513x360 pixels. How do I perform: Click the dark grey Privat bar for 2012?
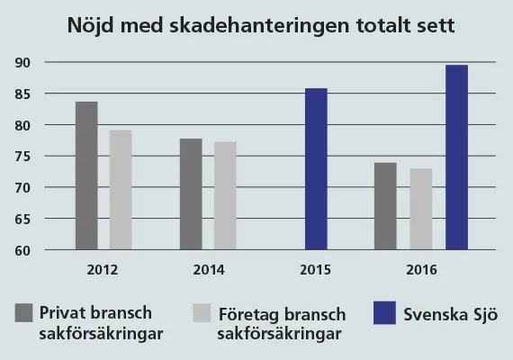pyautogui.click(x=86, y=175)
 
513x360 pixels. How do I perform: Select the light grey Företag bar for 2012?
pyautogui.click(x=121, y=190)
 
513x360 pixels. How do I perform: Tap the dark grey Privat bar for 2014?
pyautogui.click(x=191, y=194)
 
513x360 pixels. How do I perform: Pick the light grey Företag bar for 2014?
pyautogui.click(x=225, y=195)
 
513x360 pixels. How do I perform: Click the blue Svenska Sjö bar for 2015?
pyautogui.click(x=316, y=169)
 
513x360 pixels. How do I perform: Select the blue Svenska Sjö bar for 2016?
pyautogui.click(x=456, y=157)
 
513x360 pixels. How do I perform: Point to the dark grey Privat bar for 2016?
pyautogui.click(x=385, y=206)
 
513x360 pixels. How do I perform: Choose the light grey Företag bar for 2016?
pyautogui.click(x=421, y=209)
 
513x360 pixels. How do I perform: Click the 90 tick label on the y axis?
pyautogui.click(x=22, y=62)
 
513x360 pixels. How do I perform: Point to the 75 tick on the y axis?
pyautogui.click(x=22, y=157)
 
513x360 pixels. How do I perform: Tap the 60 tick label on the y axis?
pyautogui.click(x=22, y=251)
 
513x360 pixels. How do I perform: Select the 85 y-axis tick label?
pyautogui.click(x=22, y=94)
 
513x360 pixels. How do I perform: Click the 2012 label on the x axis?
pyautogui.click(x=103, y=270)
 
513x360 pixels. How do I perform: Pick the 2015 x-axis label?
pyautogui.click(x=315, y=270)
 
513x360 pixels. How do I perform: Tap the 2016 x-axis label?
pyautogui.click(x=421, y=270)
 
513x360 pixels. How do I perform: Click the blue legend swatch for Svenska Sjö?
pyautogui.click(x=385, y=313)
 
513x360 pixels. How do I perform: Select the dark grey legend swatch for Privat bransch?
pyautogui.click(x=24, y=313)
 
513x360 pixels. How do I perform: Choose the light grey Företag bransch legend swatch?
pyautogui.click(x=202, y=313)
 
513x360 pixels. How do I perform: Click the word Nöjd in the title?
pyautogui.click(x=91, y=25)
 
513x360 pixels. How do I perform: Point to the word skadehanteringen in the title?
pyautogui.click(x=259, y=25)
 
